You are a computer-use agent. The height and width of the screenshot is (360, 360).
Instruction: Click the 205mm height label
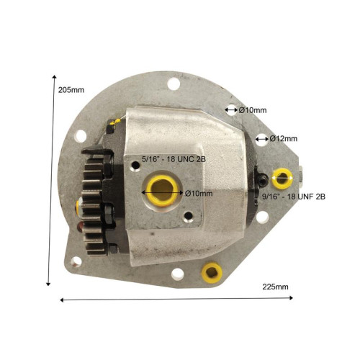(x=71, y=90)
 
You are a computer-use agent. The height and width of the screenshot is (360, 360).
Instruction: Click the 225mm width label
(x=275, y=287)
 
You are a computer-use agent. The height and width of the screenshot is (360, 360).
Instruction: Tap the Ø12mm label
(x=284, y=139)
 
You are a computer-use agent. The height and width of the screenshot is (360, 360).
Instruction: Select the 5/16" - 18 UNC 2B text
(x=174, y=159)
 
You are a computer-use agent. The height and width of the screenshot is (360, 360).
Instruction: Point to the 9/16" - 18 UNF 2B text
(x=294, y=197)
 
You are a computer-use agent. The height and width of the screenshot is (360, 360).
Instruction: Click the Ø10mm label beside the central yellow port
(x=199, y=193)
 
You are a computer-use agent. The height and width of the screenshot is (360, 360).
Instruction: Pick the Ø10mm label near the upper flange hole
(x=253, y=110)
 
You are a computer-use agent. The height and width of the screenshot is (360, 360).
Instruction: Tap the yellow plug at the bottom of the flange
(x=212, y=273)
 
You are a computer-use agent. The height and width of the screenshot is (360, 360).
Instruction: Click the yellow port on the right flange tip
(x=282, y=179)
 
